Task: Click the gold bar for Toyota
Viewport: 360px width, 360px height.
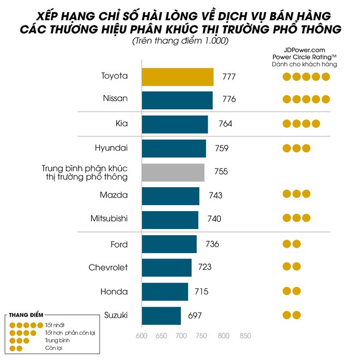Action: pos(178,77)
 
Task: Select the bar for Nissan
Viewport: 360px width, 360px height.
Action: pos(177,100)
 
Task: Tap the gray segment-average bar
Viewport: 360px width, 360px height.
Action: pos(173,172)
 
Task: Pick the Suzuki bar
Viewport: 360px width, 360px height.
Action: pos(161,315)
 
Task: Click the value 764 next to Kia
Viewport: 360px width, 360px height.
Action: pos(225,124)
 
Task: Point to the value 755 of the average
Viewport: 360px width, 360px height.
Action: pos(221,172)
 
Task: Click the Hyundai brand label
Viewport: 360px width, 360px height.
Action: pos(111,148)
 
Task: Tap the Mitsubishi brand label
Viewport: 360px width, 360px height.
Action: pos(109,219)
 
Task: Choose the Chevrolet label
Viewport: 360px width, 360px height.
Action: pos(108,267)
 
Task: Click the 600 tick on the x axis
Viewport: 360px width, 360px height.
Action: pos(142,336)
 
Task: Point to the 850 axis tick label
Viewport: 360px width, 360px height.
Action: pos(245,336)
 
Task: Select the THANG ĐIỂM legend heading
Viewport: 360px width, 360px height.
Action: pos(27,315)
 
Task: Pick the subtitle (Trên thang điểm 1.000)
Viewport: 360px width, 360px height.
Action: pos(179,41)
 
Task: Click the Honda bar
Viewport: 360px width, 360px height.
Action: pos(165,291)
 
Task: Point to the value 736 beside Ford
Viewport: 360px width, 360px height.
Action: pos(212,244)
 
